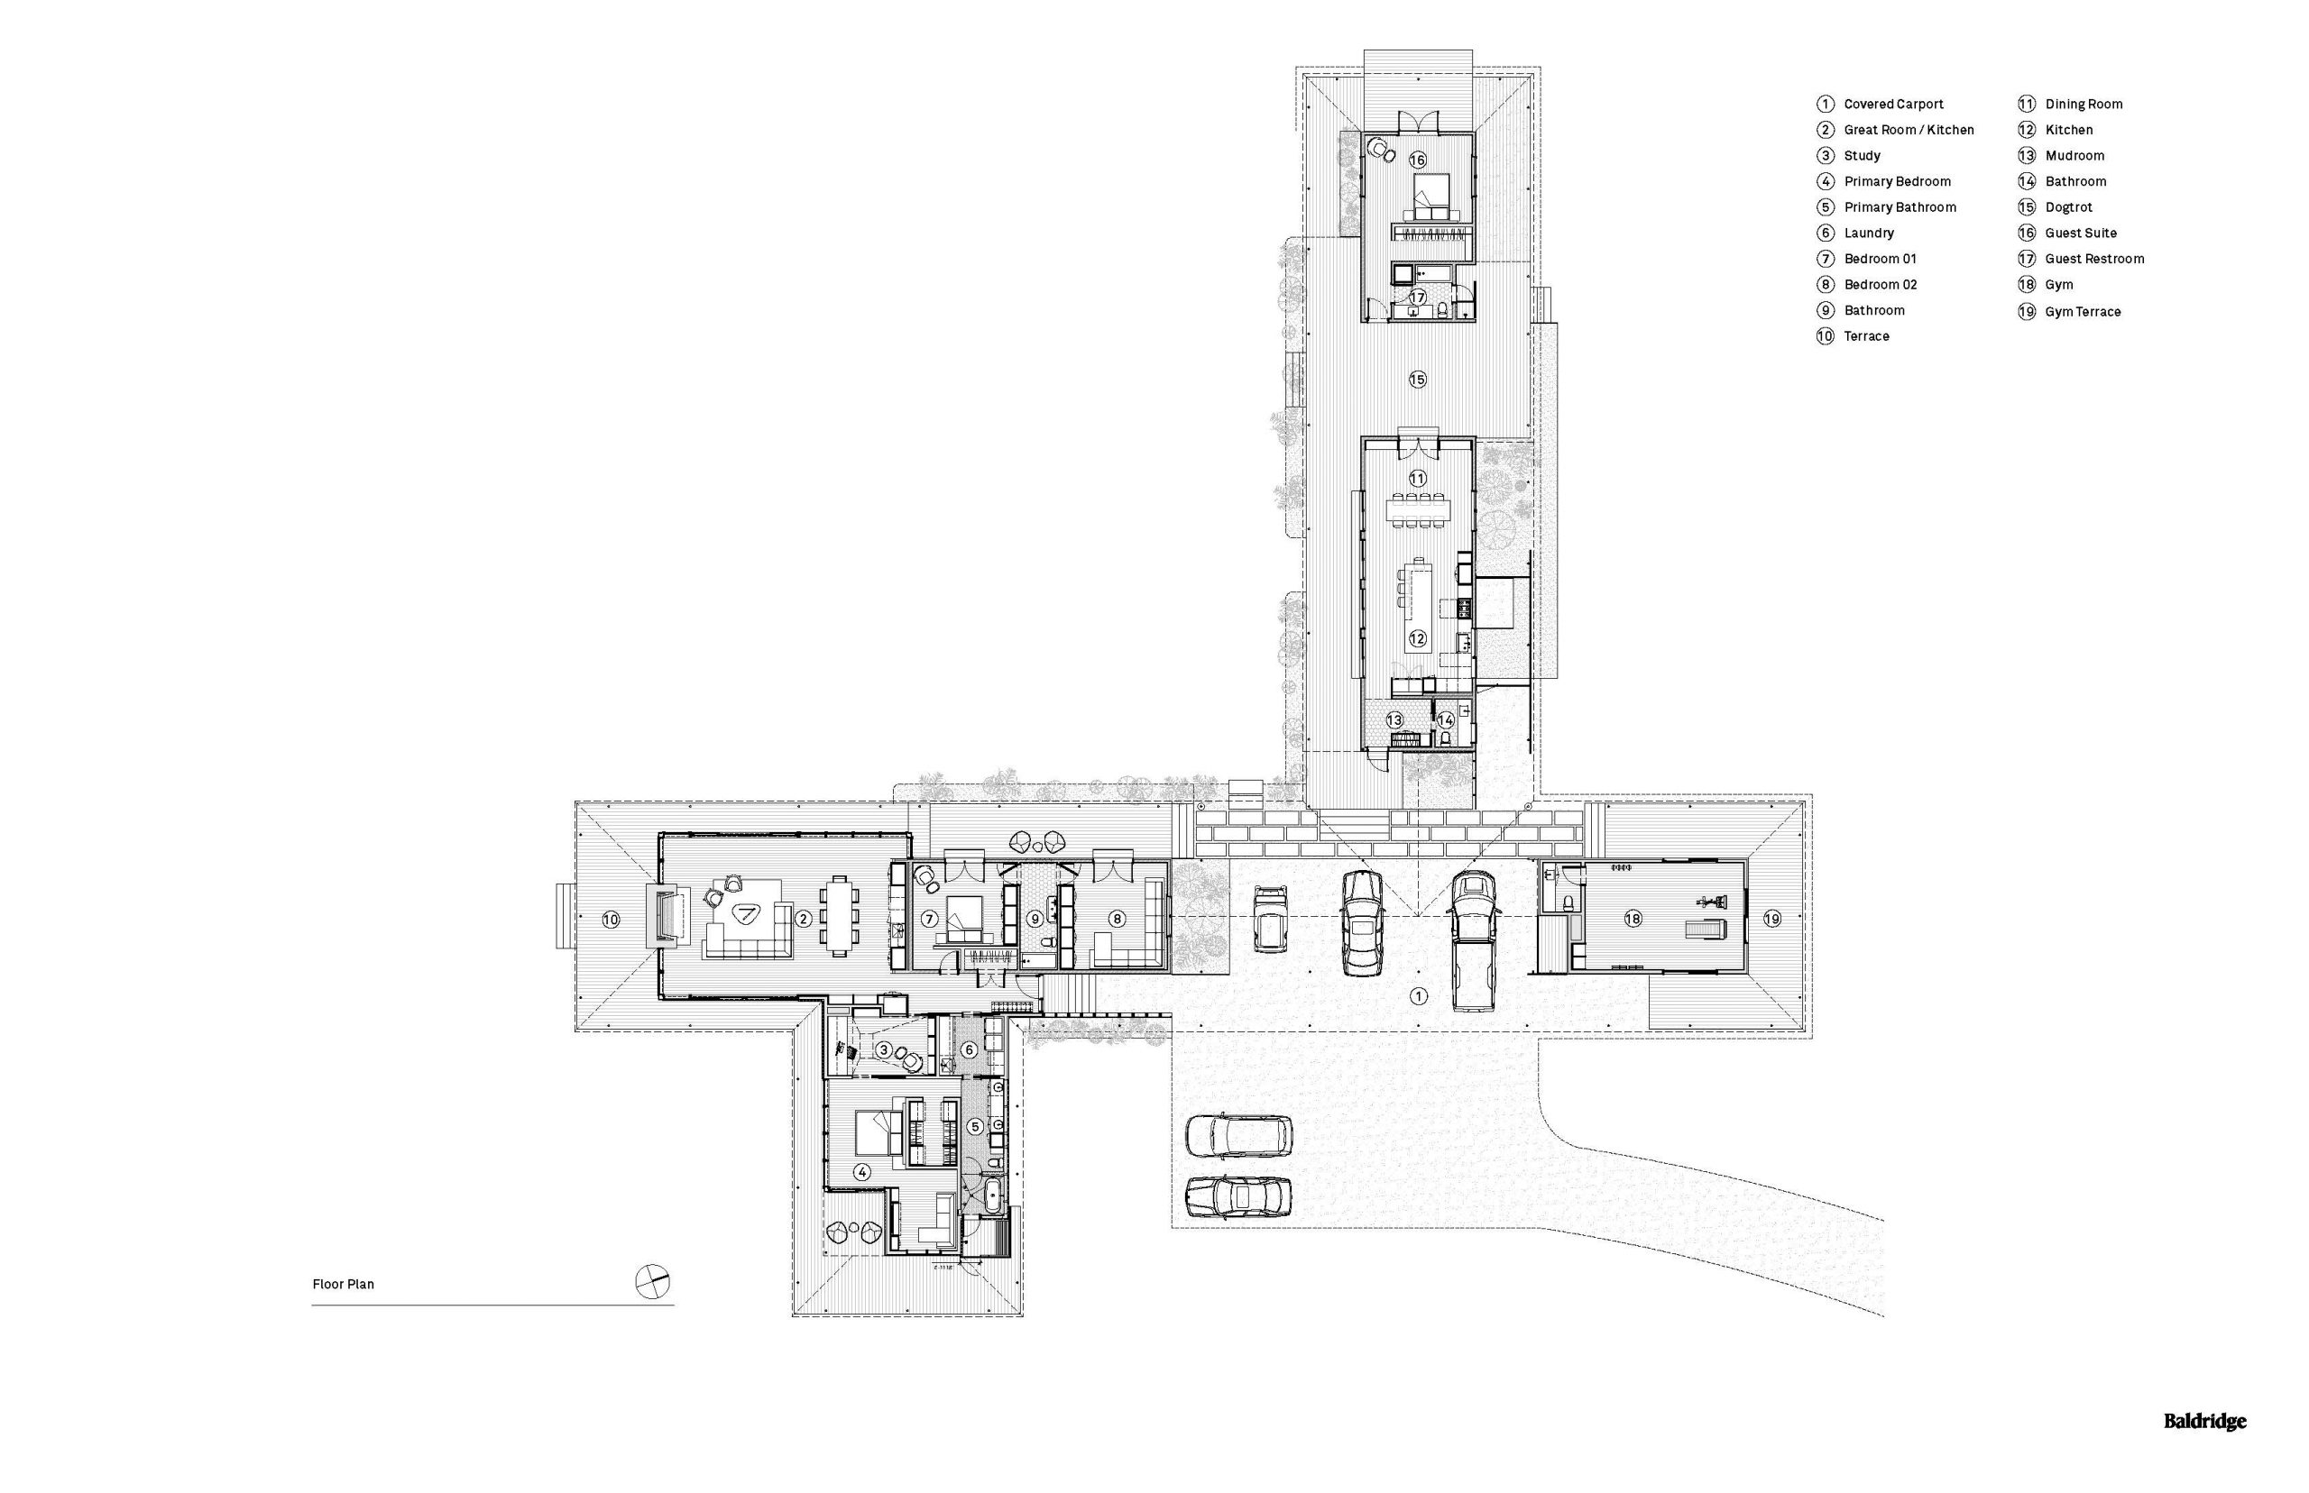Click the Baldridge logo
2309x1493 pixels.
point(2204,1421)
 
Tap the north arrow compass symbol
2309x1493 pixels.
point(652,1282)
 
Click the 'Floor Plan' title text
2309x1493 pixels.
point(343,1284)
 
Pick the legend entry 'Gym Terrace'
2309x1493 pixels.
point(2082,311)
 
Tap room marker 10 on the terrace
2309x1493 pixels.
point(610,919)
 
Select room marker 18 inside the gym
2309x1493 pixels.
point(1633,917)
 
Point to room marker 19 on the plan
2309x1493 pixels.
point(1771,917)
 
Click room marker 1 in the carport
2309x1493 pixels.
point(1417,995)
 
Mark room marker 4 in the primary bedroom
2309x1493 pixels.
point(861,1171)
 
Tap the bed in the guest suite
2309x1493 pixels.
point(1430,197)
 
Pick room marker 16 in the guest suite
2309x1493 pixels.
point(1417,159)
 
